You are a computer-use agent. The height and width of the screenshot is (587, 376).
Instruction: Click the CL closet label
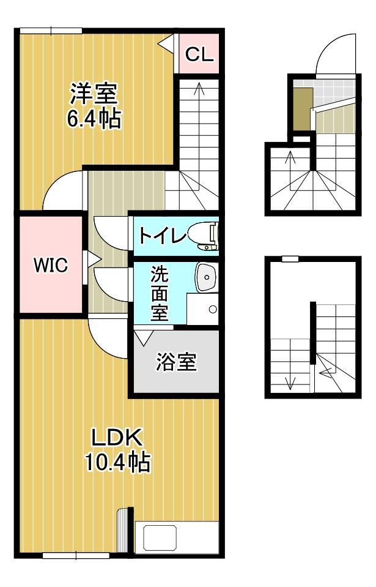point(199,54)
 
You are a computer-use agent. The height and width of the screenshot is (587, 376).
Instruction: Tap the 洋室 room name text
point(93,94)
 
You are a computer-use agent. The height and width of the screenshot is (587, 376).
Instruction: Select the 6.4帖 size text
point(94,118)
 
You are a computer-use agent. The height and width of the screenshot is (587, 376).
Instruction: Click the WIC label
point(50,266)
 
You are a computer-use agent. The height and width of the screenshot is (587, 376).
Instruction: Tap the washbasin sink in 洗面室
point(206,277)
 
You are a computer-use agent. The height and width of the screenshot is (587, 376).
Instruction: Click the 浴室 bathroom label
point(176,362)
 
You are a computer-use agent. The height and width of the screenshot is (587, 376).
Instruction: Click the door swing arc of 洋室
point(63,190)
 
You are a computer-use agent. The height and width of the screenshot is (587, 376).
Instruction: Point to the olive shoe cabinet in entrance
point(301,108)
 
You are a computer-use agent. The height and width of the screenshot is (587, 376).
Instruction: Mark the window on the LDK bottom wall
point(76,556)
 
